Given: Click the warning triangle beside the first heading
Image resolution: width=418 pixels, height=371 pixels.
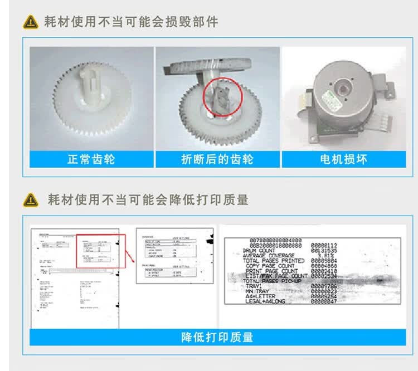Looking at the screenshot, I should tap(30, 22).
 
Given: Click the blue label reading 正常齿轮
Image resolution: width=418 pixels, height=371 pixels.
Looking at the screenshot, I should tap(91, 159).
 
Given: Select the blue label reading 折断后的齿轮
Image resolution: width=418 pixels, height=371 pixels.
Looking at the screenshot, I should tap(217, 159).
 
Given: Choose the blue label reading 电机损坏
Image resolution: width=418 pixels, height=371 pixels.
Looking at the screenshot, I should tap(343, 159).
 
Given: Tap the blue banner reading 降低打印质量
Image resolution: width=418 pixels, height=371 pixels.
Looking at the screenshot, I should tap(217, 337).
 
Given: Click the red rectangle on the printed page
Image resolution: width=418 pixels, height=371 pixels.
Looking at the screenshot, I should tap(101, 251).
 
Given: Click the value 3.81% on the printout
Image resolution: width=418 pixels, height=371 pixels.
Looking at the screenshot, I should tap(323, 256).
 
